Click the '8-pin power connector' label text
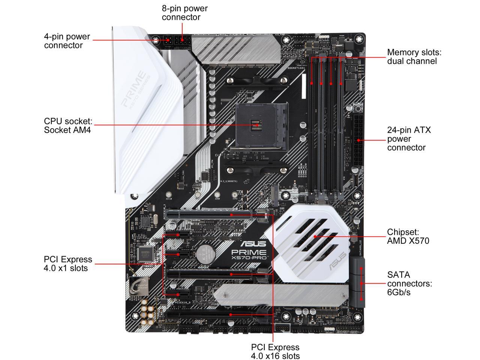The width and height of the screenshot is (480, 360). coord(184,12)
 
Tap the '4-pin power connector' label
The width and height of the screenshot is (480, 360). coord(67,41)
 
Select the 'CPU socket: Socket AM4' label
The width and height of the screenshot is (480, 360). coord(68,126)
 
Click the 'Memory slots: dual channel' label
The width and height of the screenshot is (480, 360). coord(414,57)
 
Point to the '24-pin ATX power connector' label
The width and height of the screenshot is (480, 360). coord(409,139)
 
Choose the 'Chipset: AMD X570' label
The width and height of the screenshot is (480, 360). coord(408,237)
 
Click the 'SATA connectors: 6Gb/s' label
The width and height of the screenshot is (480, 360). coord(409,283)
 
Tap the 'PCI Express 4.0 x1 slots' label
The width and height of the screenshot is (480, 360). coord(67,264)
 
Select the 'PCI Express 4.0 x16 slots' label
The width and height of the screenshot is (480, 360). coord(275,351)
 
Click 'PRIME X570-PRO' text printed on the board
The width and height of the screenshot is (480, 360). coord(249,255)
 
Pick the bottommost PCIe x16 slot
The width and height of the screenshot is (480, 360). coord(217,314)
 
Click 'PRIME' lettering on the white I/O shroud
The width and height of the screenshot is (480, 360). coord(133,89)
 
